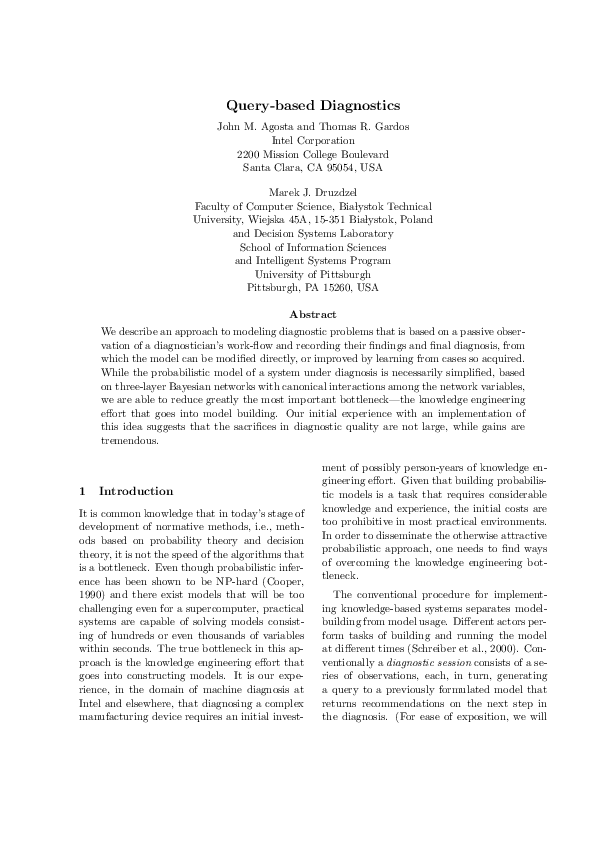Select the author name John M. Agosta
coord(254,126)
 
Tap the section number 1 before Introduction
coord(82,491)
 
